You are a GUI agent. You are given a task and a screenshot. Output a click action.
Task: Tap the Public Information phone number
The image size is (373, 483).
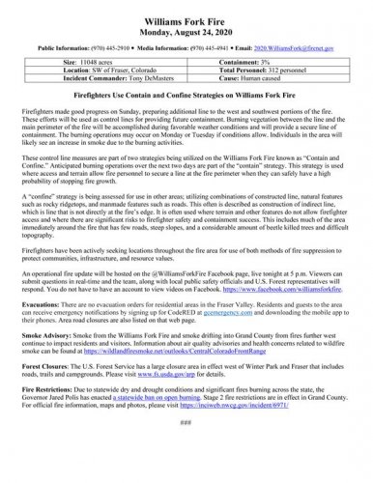121,46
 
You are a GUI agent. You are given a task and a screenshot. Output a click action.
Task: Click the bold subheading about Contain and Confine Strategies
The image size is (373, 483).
186,97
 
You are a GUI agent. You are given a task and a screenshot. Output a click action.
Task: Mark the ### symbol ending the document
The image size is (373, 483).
186,449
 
